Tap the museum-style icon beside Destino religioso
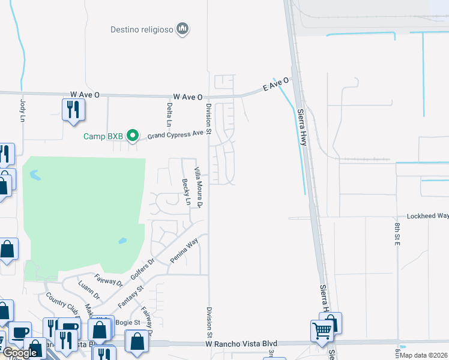(x=184, y=29)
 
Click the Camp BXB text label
(x=103, y=136)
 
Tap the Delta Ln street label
(x=169, y=115)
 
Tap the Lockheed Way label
(x=427, y=216)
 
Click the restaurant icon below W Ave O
(x=73, y=110)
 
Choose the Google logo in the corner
(x=19, y=353)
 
